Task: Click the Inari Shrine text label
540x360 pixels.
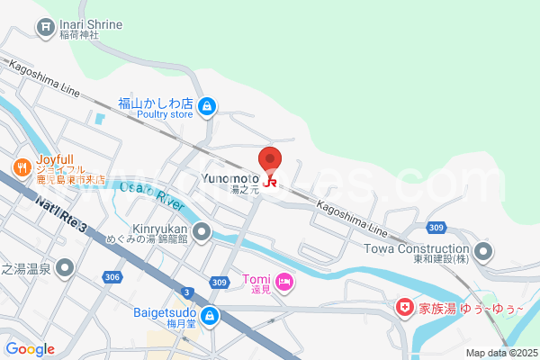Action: coord(90,24)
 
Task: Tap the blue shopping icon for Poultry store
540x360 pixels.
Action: coord(208,107)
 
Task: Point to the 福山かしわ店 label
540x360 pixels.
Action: coord(156,103)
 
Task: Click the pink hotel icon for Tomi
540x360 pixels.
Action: coord(284,283)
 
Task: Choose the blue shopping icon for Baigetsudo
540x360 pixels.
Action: coord(210,316)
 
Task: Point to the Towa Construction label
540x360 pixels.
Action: coord(417,248)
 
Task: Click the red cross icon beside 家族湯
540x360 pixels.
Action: coord(407,308)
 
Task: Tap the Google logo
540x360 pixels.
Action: coord(30,348)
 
